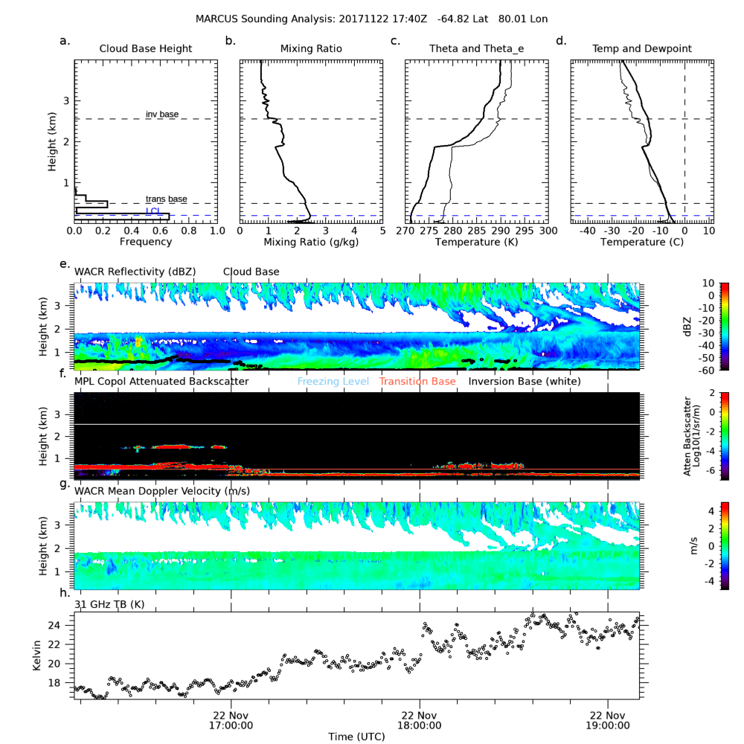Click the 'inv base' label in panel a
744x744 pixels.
(161, 114)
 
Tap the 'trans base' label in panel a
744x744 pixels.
(166, 199)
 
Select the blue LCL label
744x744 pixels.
(153, 211)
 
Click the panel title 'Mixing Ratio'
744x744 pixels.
(311, 49)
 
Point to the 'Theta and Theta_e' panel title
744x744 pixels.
(476, 49)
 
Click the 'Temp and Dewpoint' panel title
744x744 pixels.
(641, 49)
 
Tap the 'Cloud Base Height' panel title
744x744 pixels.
(146, 49)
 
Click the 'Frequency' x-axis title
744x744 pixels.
(146, 243)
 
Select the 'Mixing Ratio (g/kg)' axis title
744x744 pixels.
(311, 243)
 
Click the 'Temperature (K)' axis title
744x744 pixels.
(476, 243)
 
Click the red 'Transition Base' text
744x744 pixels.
(417, 382)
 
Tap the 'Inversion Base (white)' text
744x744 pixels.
(525, 382)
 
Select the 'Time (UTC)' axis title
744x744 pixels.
(357, 736)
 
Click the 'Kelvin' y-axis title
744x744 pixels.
(37, 655)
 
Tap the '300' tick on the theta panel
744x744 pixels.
(548, 231)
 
